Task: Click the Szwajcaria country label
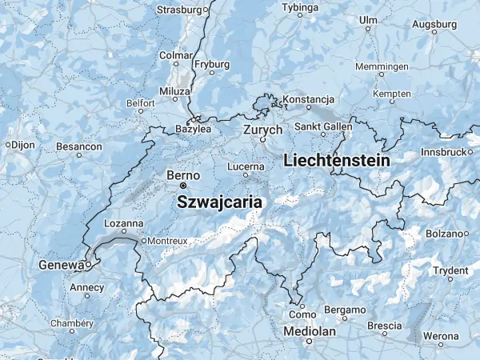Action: coord(219,202)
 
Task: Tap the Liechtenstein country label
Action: coord(337,161)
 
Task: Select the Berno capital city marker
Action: coord(182,186)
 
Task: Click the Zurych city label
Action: coord(263,129)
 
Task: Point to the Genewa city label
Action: coord(61,265)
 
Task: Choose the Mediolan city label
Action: coord(308,330)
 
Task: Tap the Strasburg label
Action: coord(179,10)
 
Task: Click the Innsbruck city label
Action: coord(442,151)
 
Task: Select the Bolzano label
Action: coord(443,234)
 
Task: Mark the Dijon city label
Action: coord(23,145)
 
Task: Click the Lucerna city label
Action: coord(246,166)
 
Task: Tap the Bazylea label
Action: coord(194,128)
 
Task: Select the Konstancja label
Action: coord(308,99)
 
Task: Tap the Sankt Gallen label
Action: coord(323,126)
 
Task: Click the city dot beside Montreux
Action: coord(144,240)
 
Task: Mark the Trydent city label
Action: coord(450,270)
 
